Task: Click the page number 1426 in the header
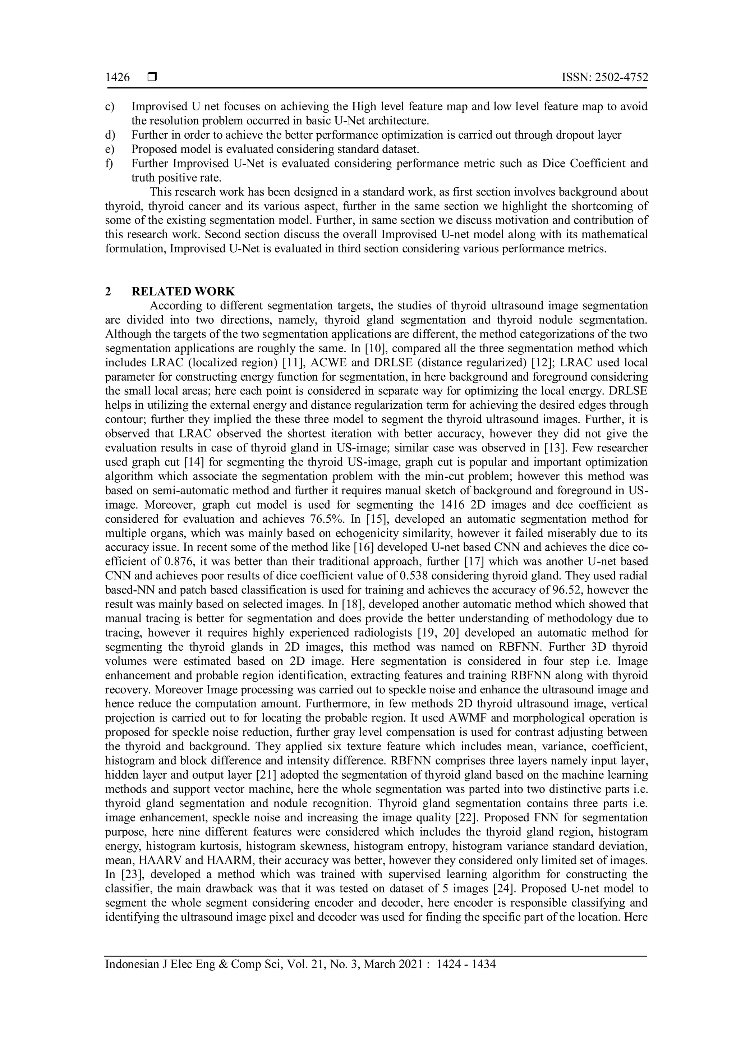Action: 118,78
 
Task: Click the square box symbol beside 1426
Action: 152,78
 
